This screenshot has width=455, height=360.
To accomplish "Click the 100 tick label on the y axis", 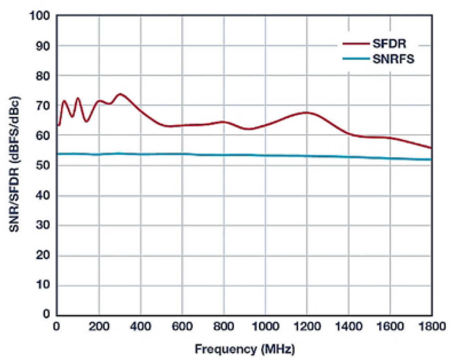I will (x=40, y=16).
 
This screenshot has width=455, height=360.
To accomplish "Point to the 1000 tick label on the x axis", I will (x=265, y=327).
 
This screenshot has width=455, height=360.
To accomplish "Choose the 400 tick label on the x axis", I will (x=140, y=327).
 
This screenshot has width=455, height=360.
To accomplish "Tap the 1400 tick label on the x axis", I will (x=348, y=327).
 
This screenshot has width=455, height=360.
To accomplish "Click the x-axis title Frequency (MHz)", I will (x=245, y=349).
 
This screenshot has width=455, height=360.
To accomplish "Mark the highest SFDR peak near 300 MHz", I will (x=120, y=94).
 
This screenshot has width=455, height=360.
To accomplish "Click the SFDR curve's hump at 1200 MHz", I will (x=307, y=112).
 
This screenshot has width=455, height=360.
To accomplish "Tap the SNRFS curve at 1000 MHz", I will (x=265, y=155).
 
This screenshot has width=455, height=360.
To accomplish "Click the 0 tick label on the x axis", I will (x=57, y=327).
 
